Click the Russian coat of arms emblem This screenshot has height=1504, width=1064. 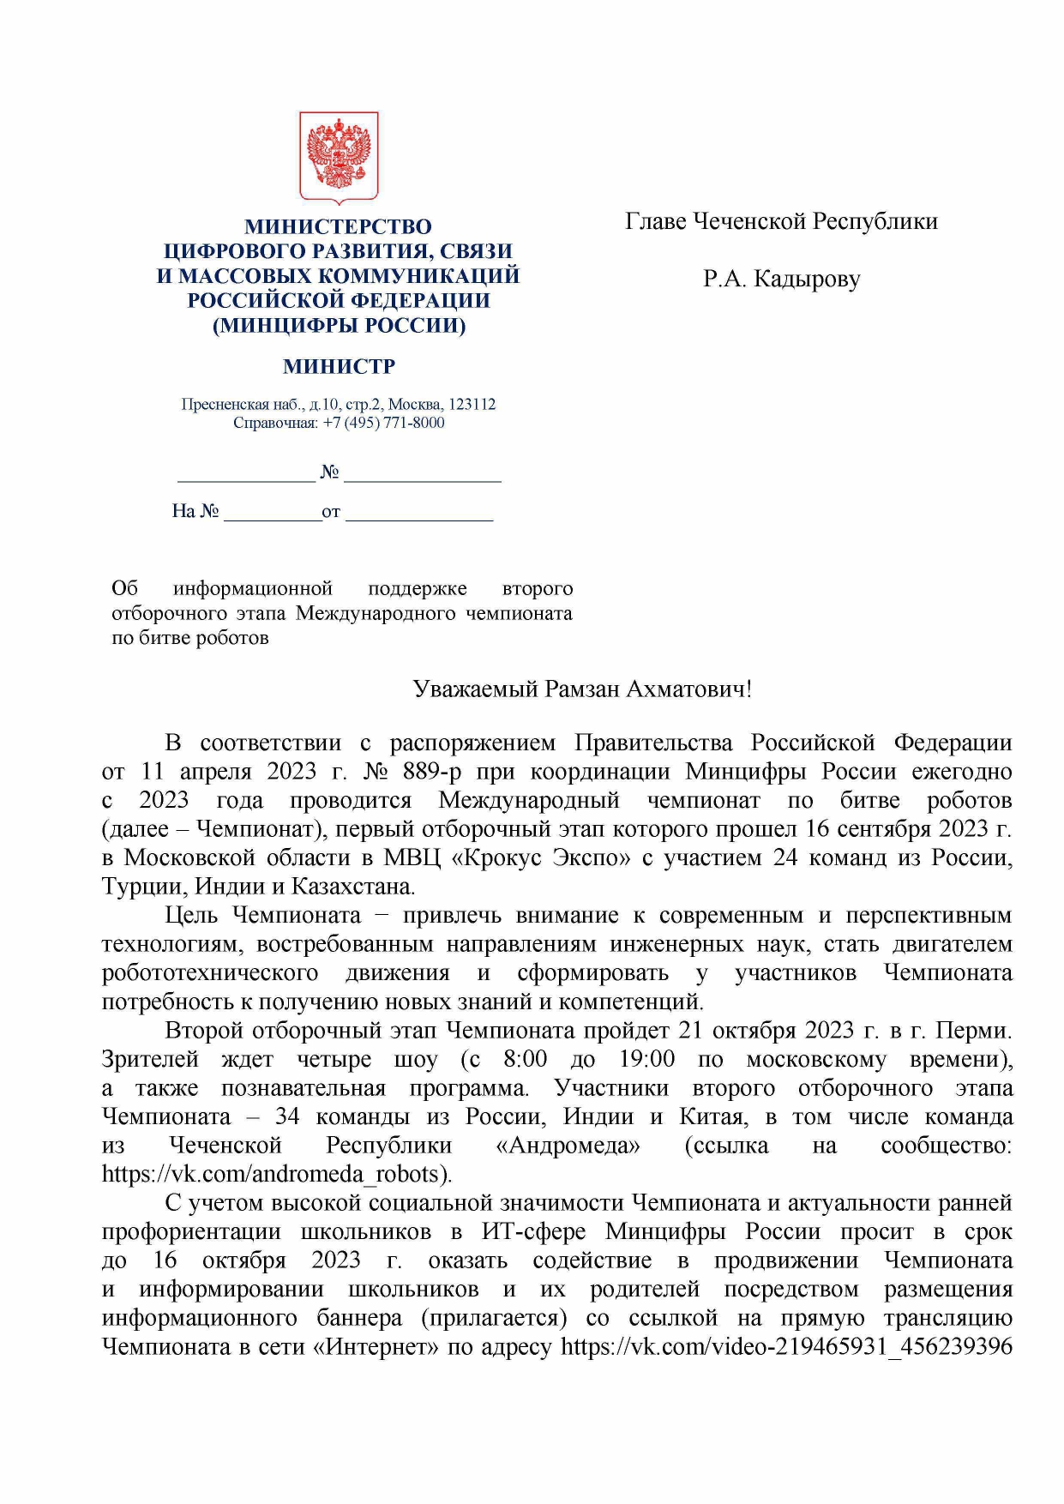339,157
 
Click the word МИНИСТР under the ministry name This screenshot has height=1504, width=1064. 339,366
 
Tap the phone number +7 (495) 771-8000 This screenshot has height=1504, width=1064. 383,423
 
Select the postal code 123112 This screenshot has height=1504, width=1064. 472,404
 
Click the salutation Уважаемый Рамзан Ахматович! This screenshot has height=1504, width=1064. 582,689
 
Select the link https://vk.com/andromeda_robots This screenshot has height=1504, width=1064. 275,1173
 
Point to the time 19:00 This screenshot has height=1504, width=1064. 646,1058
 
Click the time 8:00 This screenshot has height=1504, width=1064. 525,1058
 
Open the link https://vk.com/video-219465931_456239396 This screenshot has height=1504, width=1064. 786,1346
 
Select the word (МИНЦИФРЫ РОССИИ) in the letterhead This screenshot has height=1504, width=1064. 339,325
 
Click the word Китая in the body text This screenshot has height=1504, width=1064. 713,1116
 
